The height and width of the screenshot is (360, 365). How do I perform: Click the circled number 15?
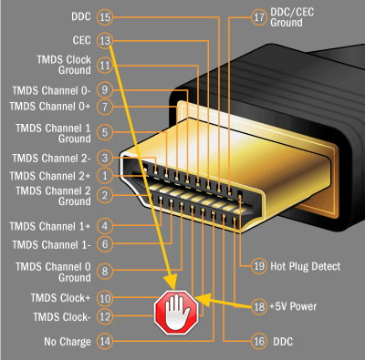point(105,16)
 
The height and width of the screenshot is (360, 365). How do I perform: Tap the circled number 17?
point(259,17)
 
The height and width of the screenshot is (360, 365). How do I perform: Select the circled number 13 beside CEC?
point(105,40)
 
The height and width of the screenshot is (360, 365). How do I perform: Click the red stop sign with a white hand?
point(176,312)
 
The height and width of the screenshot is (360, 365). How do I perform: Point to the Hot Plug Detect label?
point(306,266)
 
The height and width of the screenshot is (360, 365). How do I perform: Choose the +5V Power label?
point(293,306)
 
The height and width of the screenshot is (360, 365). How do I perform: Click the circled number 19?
point(259,266)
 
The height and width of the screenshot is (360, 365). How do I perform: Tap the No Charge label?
point(68,342)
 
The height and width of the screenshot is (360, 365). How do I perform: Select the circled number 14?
point(105,341)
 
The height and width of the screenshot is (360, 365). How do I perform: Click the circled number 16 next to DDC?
point(259,341)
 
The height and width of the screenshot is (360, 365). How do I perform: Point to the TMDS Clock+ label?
point(60,298)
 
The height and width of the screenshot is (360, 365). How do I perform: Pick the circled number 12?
point(105,316)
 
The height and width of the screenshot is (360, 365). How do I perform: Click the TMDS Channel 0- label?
point(51,90)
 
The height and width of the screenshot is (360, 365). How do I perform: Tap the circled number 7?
point(105,107)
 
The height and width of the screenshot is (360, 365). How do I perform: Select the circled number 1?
point(105,176)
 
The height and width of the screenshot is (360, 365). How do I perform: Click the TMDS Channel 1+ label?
point(50,226)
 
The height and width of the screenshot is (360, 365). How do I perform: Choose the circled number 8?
point(105,271)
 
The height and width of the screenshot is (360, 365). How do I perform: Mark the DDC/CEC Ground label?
point(292,17)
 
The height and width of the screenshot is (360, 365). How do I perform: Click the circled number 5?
point(105,132)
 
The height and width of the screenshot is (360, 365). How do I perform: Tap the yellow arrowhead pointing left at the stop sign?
point(203,300)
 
